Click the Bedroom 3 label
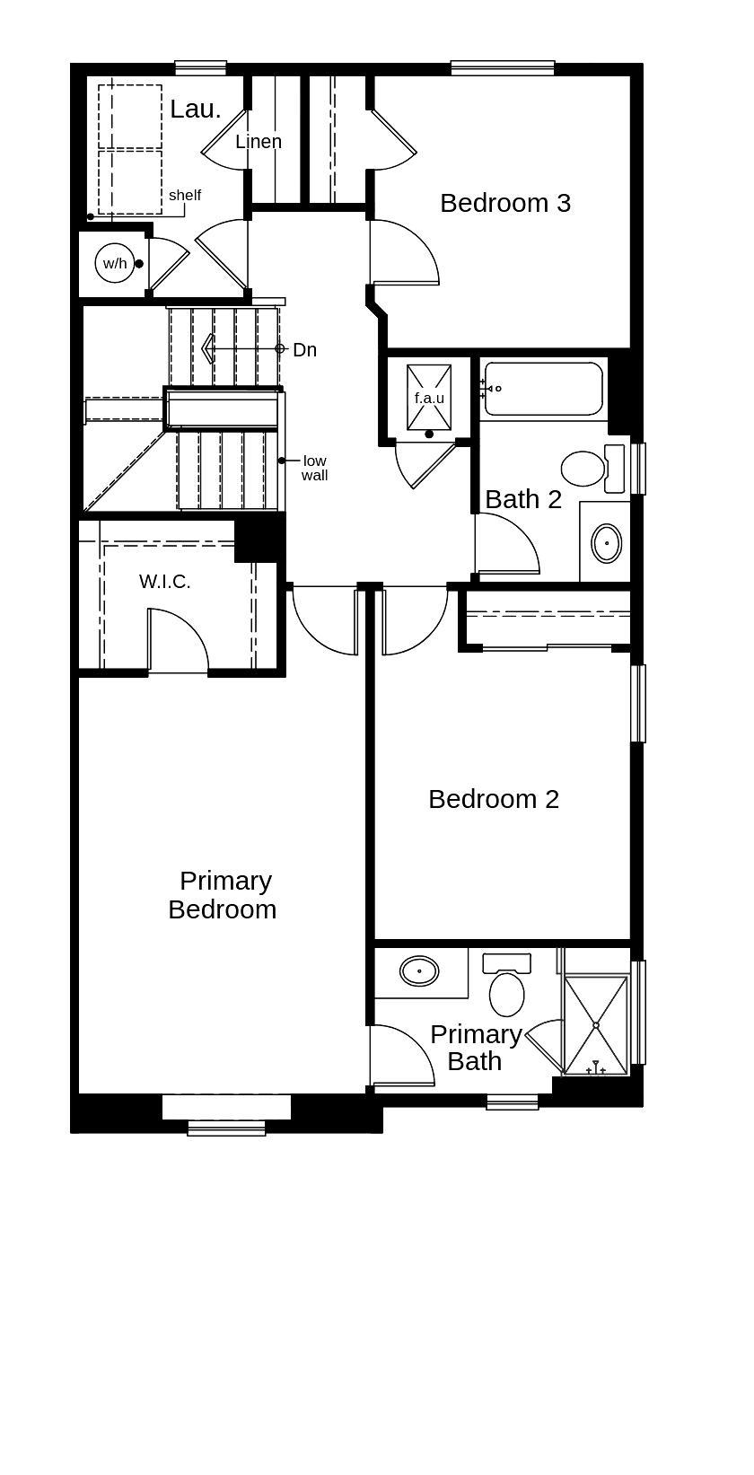[504, 203]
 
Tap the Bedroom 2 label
[493, 799]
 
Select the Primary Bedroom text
[223, 895]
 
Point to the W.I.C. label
[165, 582]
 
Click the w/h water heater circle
[114, 263]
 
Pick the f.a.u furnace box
[429, 398]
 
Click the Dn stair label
[305, 350]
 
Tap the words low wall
[314, 468]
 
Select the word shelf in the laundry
[185, 195]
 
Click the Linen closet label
[259, 142]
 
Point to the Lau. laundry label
[195, 110]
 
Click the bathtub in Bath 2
[543, 389]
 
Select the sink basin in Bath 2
[607, 543]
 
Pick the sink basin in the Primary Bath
[419, 970]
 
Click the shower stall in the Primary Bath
[595, 1024]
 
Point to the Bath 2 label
[523, 499]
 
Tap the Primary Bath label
[475, 1048]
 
